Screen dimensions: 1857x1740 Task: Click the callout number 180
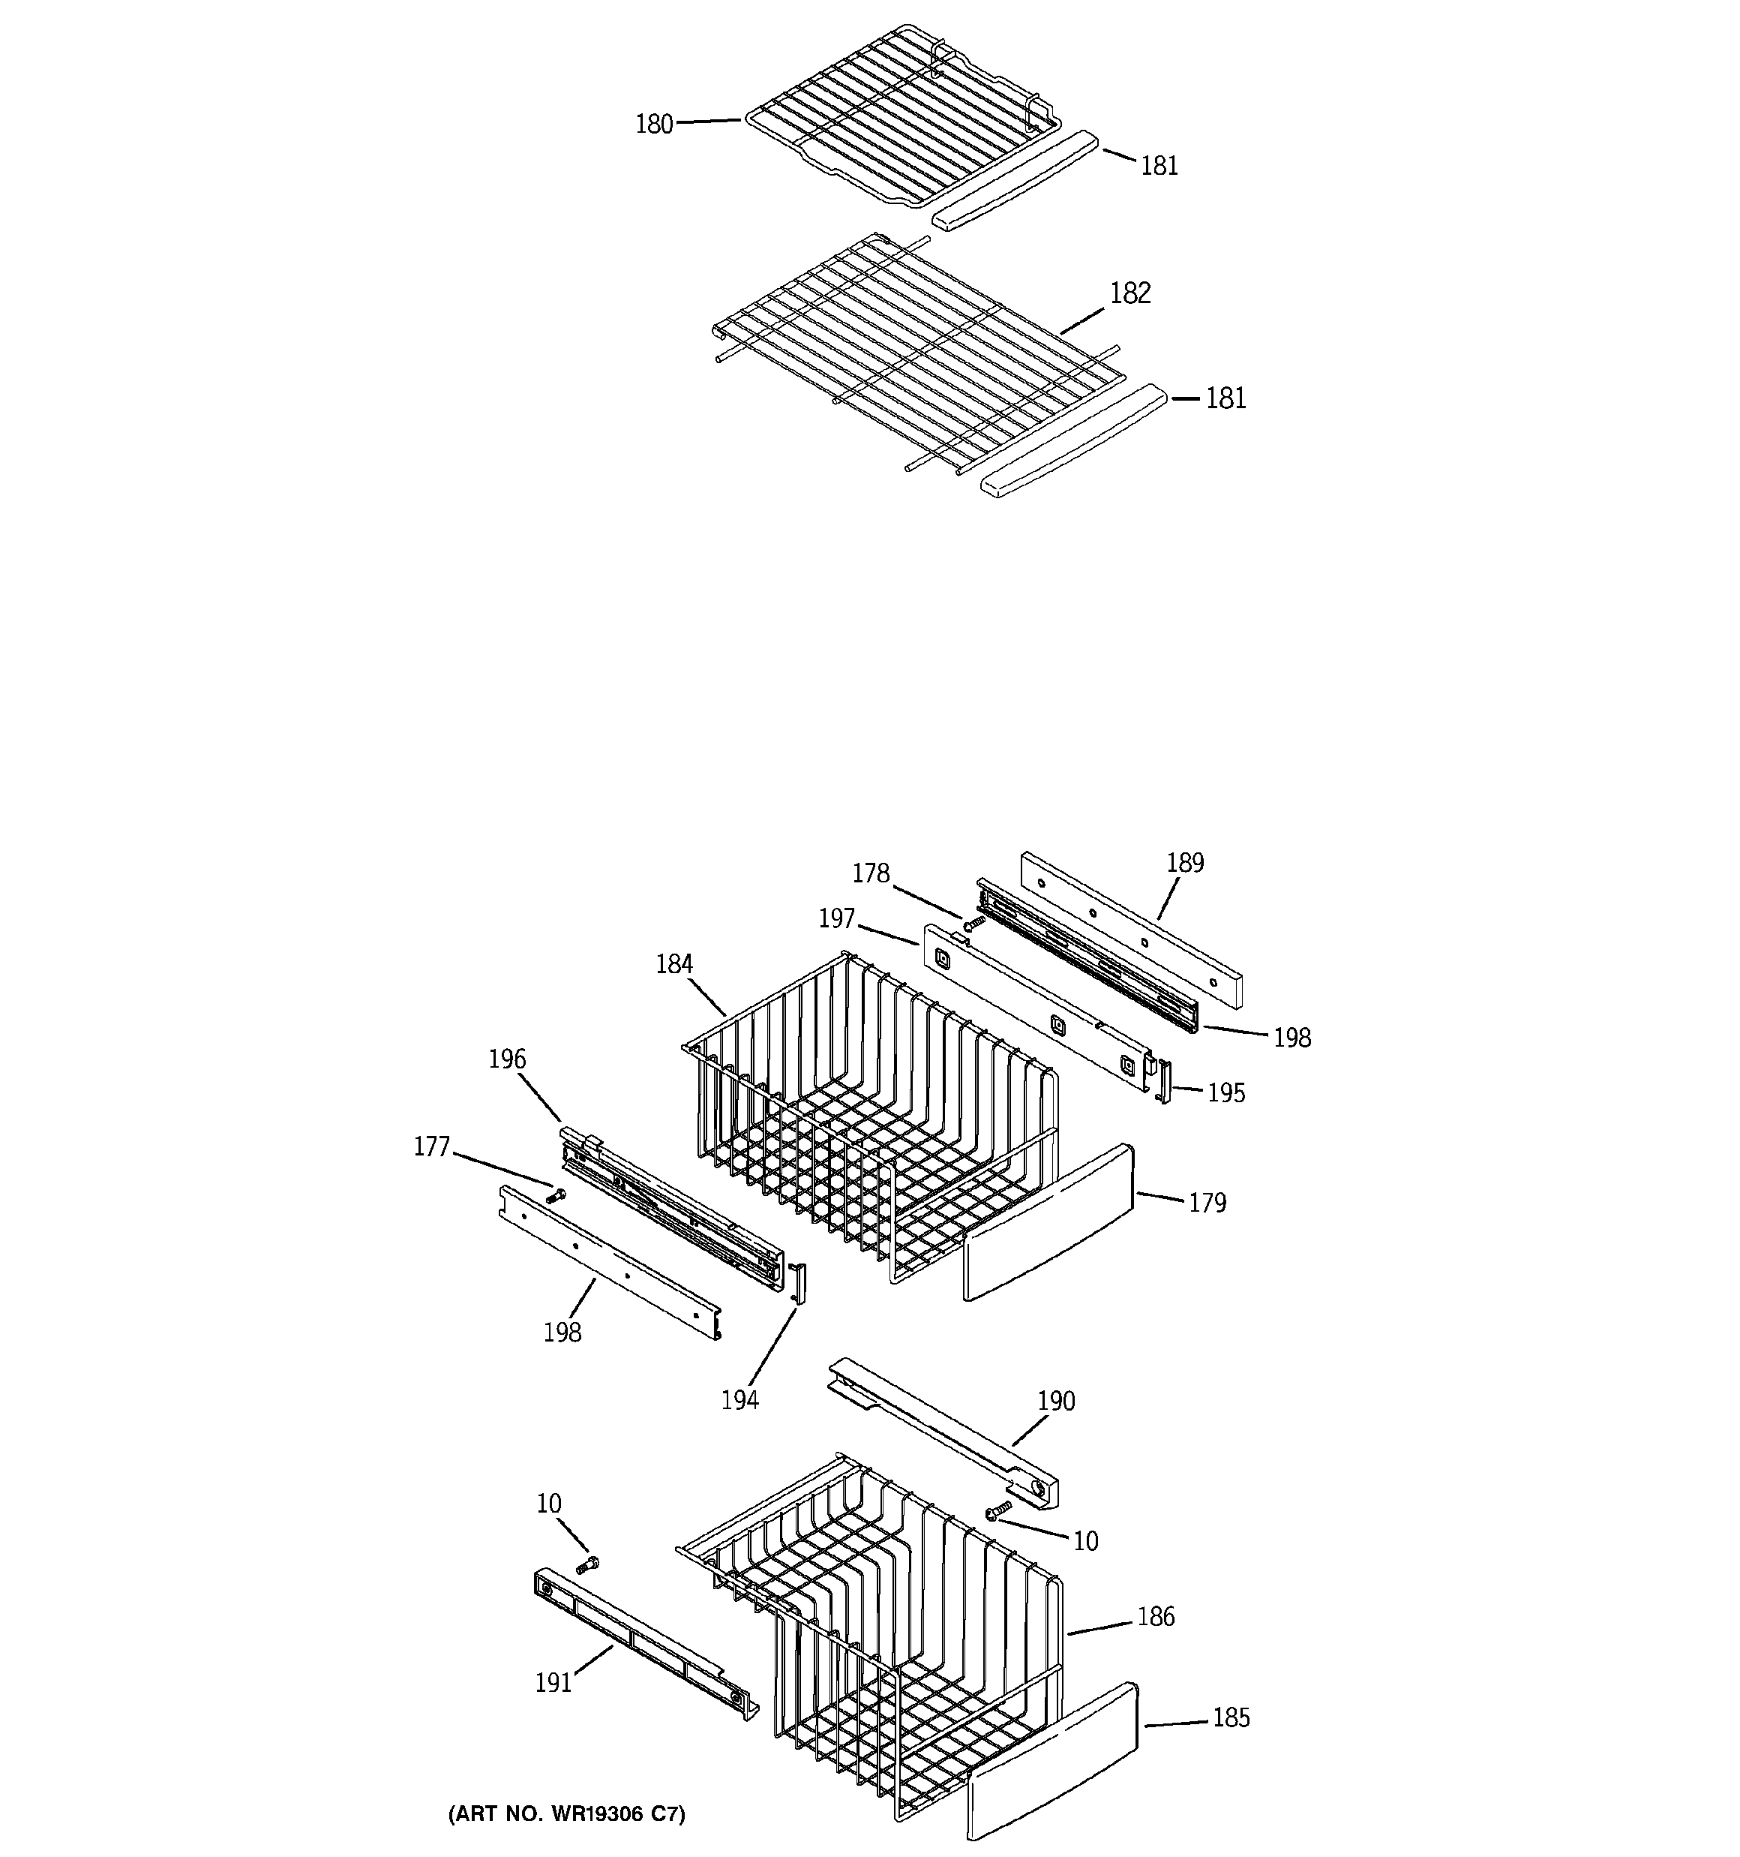[x=654, y=125]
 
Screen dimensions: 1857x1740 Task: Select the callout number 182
[x=1130, y=293]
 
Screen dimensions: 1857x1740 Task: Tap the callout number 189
[x=1184, y=862]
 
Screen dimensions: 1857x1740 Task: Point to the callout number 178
[x=871, y=873]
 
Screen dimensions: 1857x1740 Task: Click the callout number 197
[x=837, y=919]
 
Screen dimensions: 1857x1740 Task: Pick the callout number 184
[x=673, y=964]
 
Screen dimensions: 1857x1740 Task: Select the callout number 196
[x=507, y=1059]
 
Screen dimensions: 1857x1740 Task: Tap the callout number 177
[x=431, y=1147]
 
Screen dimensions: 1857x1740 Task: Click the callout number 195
[x=1225, y=1093]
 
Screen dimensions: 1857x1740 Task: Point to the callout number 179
[x=1207, y=1203]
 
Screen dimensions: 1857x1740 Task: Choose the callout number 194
[x=739, y=1400]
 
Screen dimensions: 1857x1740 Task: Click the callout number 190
[x=1055, y=1401]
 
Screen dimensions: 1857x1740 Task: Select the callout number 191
[x=553, y=1683]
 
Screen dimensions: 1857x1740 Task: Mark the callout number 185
[x=1230, y=1717]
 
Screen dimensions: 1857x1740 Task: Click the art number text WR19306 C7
[x=567, y=1815]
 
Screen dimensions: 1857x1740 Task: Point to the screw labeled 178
[x=974, y=923]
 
